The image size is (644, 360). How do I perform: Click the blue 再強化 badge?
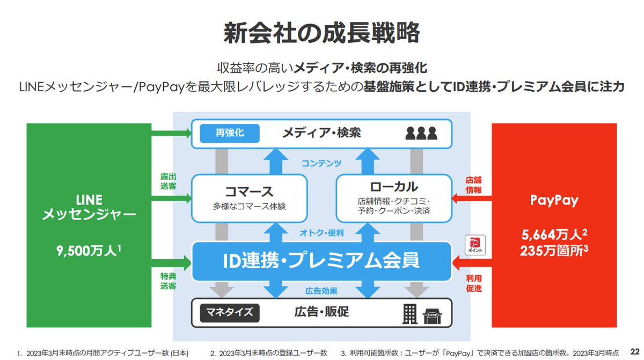tap(230, 133)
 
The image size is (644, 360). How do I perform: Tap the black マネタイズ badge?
tap(230, 313)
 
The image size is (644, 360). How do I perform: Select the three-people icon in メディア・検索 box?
tap(421, 133)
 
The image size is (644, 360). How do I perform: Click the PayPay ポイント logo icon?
tap(475, 245)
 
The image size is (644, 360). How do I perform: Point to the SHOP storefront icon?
tap(432, 317)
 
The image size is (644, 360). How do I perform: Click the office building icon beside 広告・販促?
tap(409, 314)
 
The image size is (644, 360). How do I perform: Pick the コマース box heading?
tap(249, 192)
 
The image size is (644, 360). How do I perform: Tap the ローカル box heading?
tap(394, 187)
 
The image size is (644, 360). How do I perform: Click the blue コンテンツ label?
tap(321, 163)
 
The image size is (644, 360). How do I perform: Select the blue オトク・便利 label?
tap(321, 233)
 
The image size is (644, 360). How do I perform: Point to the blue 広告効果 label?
tap(321, 291)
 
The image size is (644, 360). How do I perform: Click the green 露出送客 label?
tap(168, 181)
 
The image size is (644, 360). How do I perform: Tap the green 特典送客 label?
tap(168, 281)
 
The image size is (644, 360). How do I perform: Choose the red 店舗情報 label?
tap(473, 185)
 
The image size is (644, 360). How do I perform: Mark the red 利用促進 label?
tap(473, 283)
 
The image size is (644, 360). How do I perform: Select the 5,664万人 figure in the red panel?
tap(554, 235)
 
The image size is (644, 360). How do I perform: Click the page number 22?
tap(635, 351)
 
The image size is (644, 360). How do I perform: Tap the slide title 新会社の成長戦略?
tap(321, 33)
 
